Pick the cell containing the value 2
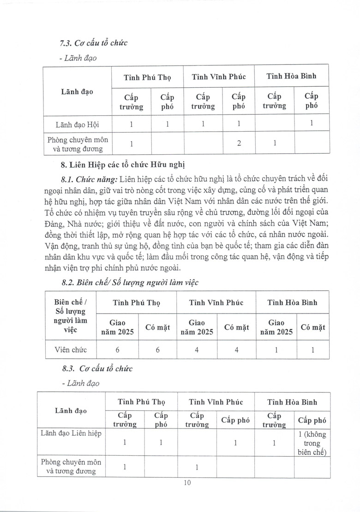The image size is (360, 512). coord(239,143)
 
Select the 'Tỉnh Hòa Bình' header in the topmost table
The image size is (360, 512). coord(291,76)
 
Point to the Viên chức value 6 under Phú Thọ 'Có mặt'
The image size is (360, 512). coord(157,349)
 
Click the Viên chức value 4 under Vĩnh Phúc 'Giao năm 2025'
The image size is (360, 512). coord(197,349)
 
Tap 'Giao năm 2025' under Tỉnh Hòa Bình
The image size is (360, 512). coord(276,327)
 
